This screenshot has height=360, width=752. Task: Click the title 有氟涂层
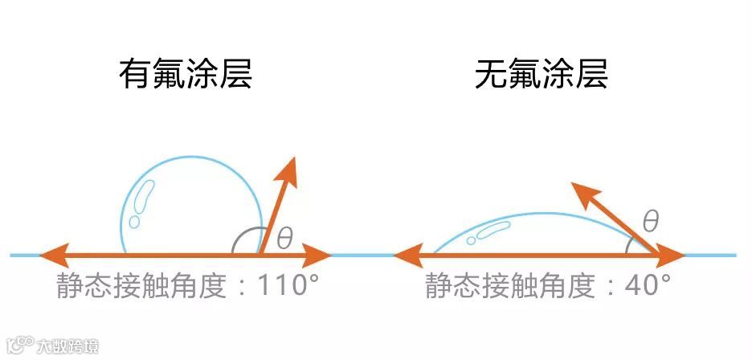(x=186, y=76)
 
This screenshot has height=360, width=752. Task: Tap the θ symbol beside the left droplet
(x=285, y=239)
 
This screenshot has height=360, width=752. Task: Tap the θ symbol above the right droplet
(x=651, y=221)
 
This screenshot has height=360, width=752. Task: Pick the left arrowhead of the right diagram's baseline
(x=406, y=256)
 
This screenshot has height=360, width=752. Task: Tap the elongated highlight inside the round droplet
(x=145, y=195)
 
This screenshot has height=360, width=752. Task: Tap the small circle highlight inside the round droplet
(x=134, y=220)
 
